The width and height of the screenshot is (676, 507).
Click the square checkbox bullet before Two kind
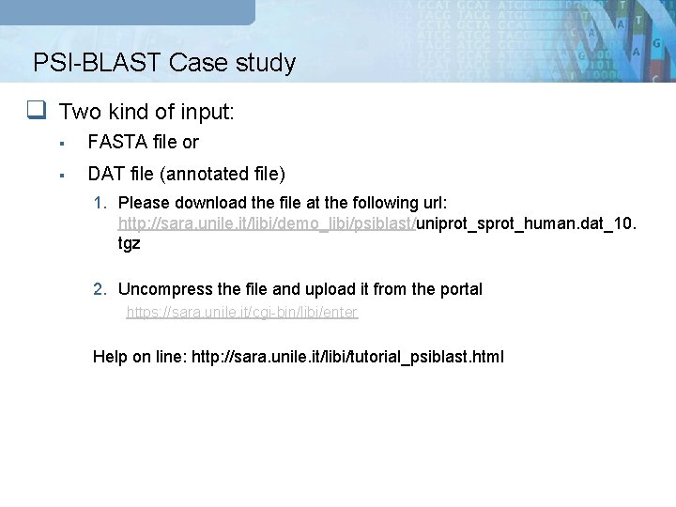[x=36, y=112]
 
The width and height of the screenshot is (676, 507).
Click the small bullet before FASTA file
[x=60, y=144]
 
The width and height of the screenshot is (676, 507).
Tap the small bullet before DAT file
[x=60, y=175]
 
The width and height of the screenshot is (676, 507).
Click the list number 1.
[x=99, y=203]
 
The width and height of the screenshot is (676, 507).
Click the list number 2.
[x=99, y=289]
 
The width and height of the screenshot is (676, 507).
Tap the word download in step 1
[x=205, y=203]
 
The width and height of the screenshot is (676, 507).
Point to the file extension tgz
[x=130, y=243]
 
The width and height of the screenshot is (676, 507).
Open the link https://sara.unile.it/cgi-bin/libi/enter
[x=241, y=312]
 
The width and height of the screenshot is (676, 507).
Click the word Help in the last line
[x=110, y=357]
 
